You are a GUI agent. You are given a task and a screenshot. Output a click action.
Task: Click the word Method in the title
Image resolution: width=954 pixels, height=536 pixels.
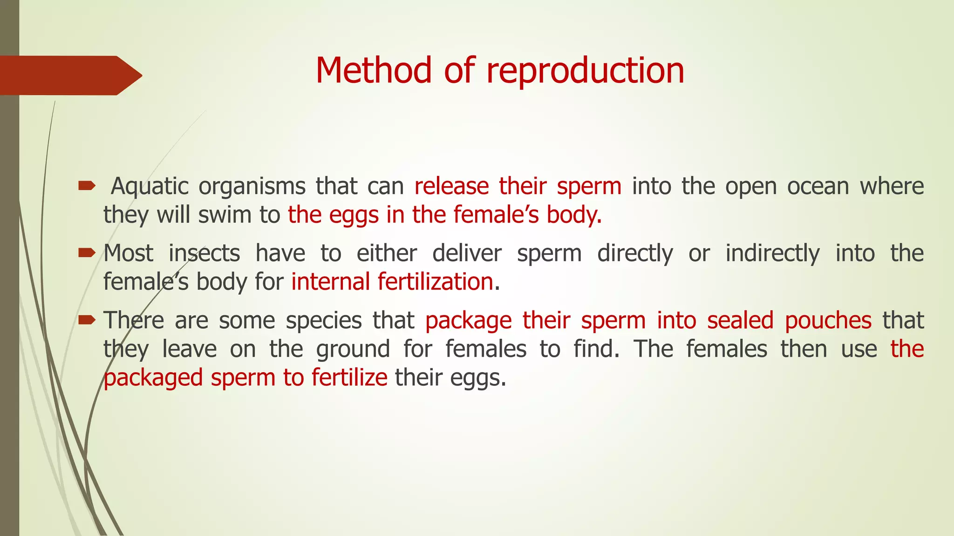(373, 70)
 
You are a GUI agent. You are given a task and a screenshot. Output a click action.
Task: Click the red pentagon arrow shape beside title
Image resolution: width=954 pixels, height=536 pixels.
(70, 75)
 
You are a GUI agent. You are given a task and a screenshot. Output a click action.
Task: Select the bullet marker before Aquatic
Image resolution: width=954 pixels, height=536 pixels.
(87, 187)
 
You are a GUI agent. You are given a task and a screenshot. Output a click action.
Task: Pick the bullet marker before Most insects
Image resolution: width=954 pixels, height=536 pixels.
(87, 253)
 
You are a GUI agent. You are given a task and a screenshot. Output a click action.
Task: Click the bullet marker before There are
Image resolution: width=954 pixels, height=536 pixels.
(87, 320)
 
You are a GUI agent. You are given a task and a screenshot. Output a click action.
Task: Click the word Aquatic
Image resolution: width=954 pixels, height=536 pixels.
(150, 187)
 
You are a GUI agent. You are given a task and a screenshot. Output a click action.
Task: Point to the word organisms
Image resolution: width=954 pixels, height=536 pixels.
(252, 187)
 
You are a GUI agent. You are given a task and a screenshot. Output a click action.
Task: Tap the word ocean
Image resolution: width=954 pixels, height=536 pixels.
(818, 187)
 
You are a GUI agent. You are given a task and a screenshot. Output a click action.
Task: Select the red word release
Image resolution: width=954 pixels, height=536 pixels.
(451, 187)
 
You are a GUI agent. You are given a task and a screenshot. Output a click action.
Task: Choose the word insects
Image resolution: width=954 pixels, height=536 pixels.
(204, 254)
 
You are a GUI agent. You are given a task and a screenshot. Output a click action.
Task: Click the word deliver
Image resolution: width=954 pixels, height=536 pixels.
(467, 254)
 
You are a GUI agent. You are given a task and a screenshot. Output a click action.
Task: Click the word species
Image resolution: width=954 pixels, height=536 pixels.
(324, 321)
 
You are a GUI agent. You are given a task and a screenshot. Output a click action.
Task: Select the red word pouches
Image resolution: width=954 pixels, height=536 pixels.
(828, 321)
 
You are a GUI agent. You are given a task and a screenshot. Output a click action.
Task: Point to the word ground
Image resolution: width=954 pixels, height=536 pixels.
(353, 349)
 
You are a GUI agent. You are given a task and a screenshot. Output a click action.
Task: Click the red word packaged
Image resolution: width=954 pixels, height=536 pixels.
(153, 378)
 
